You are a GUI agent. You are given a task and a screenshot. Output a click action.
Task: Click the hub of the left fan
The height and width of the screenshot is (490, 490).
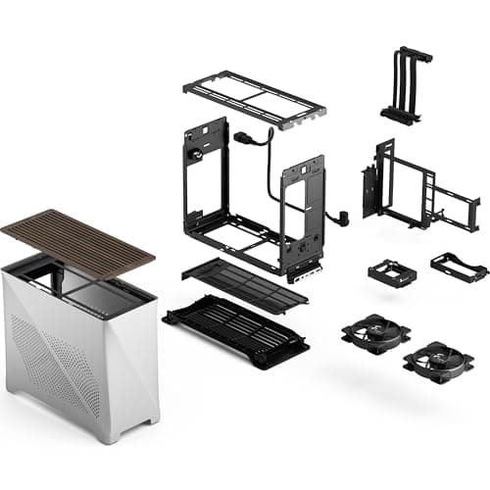(375, 332)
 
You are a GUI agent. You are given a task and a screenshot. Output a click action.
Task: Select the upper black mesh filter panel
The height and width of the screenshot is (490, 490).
(247, 283)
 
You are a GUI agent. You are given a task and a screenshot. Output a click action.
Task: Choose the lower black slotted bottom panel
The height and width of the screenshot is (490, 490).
(235, 328)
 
